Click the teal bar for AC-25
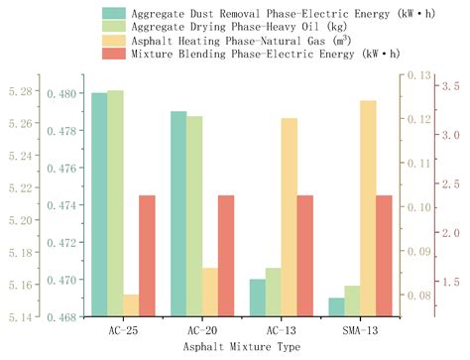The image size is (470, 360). tap(99, 204)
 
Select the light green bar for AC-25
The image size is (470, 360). tap(115, 203)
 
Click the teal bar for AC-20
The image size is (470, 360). tap(178, 214)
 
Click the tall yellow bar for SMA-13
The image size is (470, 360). tap(368, 208)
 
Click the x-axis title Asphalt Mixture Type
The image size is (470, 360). tap(241, 349)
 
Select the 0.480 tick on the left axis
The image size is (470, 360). tap(62, 93)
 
